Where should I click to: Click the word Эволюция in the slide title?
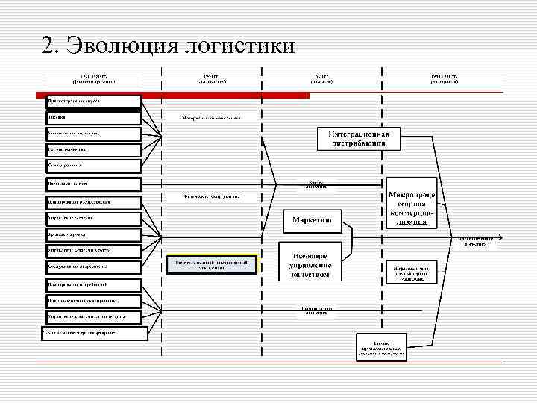tap(119, 46)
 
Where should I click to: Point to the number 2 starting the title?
tap(49, 46)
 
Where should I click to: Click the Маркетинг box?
tap(312, 221)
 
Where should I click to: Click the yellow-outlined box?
tap(211, 264)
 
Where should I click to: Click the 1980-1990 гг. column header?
tap(444, 78)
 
